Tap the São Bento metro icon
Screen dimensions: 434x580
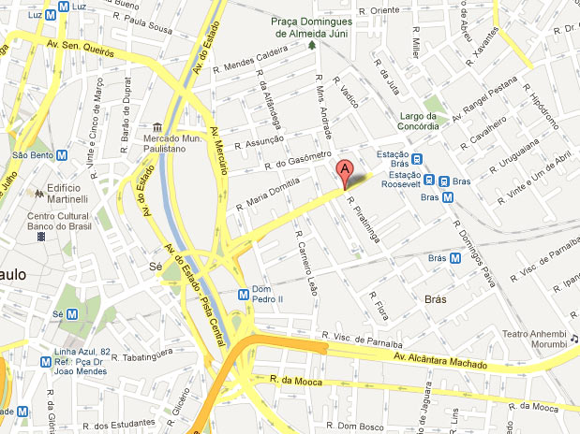tap(61, 155)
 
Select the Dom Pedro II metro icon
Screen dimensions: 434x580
tap(244, 293)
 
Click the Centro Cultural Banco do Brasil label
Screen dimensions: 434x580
tap(88, 225)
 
